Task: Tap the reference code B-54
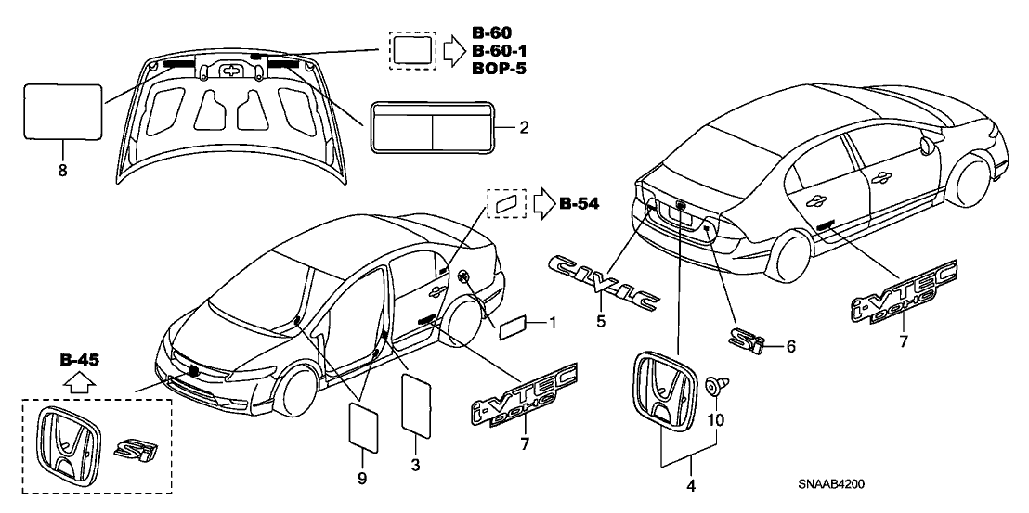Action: pos(582,203)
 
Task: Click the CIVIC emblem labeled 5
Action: pos(605,282)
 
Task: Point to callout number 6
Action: pos(791,346)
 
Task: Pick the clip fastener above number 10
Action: pos(716,387)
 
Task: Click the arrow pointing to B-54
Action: pos(541,203)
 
